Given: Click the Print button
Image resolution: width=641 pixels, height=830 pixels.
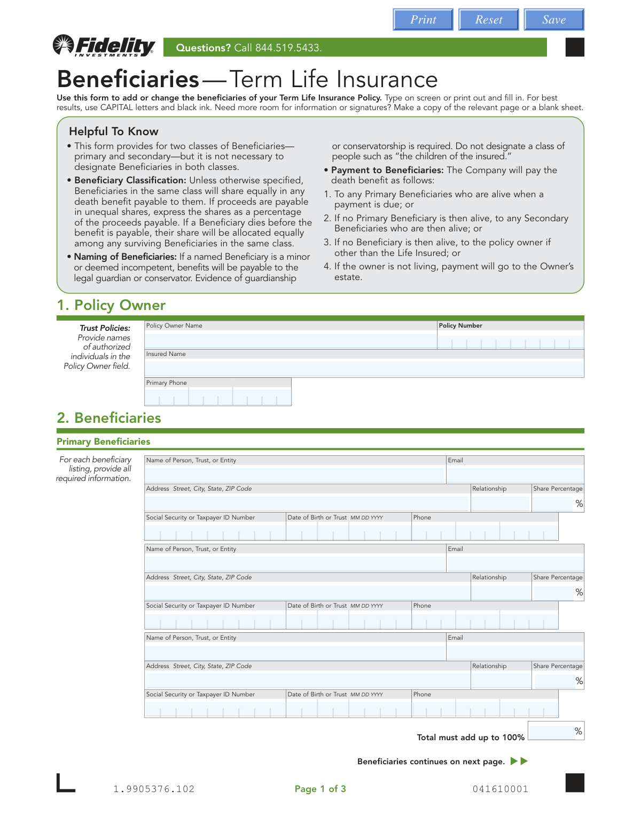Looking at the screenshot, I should [x=423, y=20].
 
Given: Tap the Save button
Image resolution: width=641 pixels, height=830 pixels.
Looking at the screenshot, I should [x=554, y=20].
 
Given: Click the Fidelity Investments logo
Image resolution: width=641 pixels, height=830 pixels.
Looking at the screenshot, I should [x=104, y=46].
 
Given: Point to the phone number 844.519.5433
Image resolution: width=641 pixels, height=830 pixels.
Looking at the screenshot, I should [x=288, y=48].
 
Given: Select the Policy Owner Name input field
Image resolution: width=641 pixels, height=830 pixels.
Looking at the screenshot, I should [x=291, y=341].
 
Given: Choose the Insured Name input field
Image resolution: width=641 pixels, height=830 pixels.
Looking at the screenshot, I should [x=364, y=368].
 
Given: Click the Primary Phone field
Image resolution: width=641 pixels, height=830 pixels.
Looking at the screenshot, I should [x=217, y=397].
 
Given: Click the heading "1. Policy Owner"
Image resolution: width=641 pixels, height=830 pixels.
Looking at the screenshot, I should [x=111, y=305].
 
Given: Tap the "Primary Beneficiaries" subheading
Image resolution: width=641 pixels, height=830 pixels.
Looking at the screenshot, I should [x=104, y=441].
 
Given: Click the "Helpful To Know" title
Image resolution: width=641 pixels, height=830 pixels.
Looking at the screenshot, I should [x=114, y=131].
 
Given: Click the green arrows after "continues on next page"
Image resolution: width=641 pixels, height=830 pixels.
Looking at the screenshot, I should [x=519, y=761].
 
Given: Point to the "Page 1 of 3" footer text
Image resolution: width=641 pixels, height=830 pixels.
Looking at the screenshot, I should [x=320, y=789].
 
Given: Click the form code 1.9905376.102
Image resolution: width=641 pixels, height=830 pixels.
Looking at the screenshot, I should [x=154, y=789].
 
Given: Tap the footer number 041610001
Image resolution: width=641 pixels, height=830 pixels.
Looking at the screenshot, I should [x=500, y=789].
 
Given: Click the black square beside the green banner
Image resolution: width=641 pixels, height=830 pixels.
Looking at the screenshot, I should [x=575, y=47].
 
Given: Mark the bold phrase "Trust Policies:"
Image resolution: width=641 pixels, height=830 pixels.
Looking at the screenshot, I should [x=105, y=328].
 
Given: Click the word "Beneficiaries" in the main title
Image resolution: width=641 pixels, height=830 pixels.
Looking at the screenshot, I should [x=128, y=79].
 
